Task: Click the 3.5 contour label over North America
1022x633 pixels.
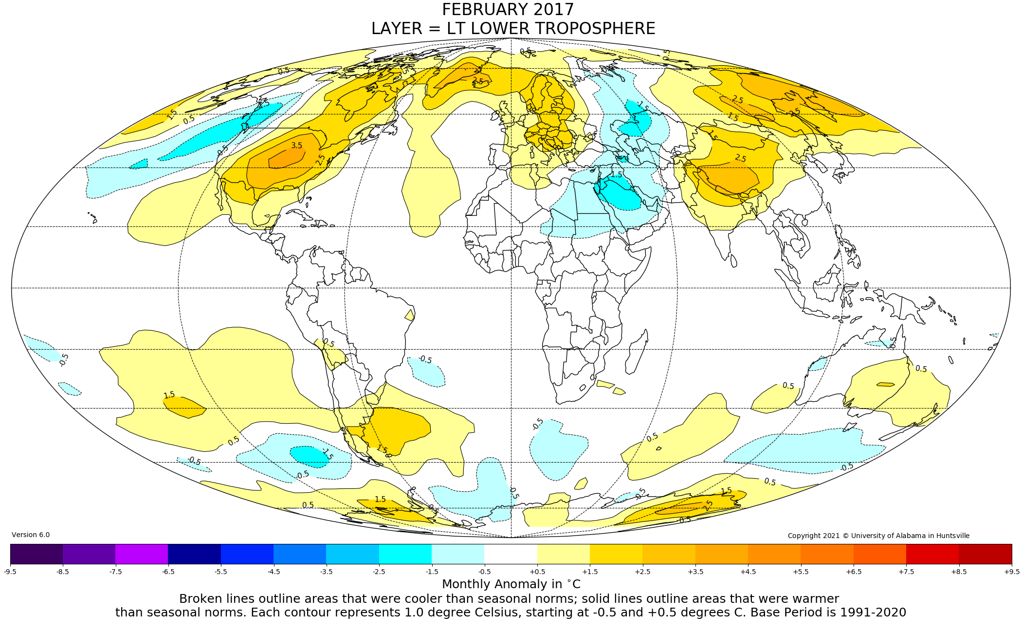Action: [x=296, y=145]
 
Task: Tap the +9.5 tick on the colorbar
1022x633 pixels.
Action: [x=1011, y=571]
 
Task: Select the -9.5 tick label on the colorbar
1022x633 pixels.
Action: [x=10, y=571]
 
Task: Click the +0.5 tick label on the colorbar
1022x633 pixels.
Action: [x=537, y=571]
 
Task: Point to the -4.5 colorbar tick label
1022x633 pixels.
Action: [x=274, y=571]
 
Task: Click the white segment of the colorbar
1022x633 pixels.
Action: [x=511, y=554]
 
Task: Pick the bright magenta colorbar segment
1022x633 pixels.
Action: [x=142, y=554]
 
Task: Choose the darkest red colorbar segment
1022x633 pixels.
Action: [x=985, y=554]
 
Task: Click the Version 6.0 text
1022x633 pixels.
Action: [x=31, y=535]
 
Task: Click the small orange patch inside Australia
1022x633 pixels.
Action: [x=885, y=385]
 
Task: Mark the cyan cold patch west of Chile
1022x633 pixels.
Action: [x=310, y=456]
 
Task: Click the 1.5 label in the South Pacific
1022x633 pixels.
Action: [x=169, y=395]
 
